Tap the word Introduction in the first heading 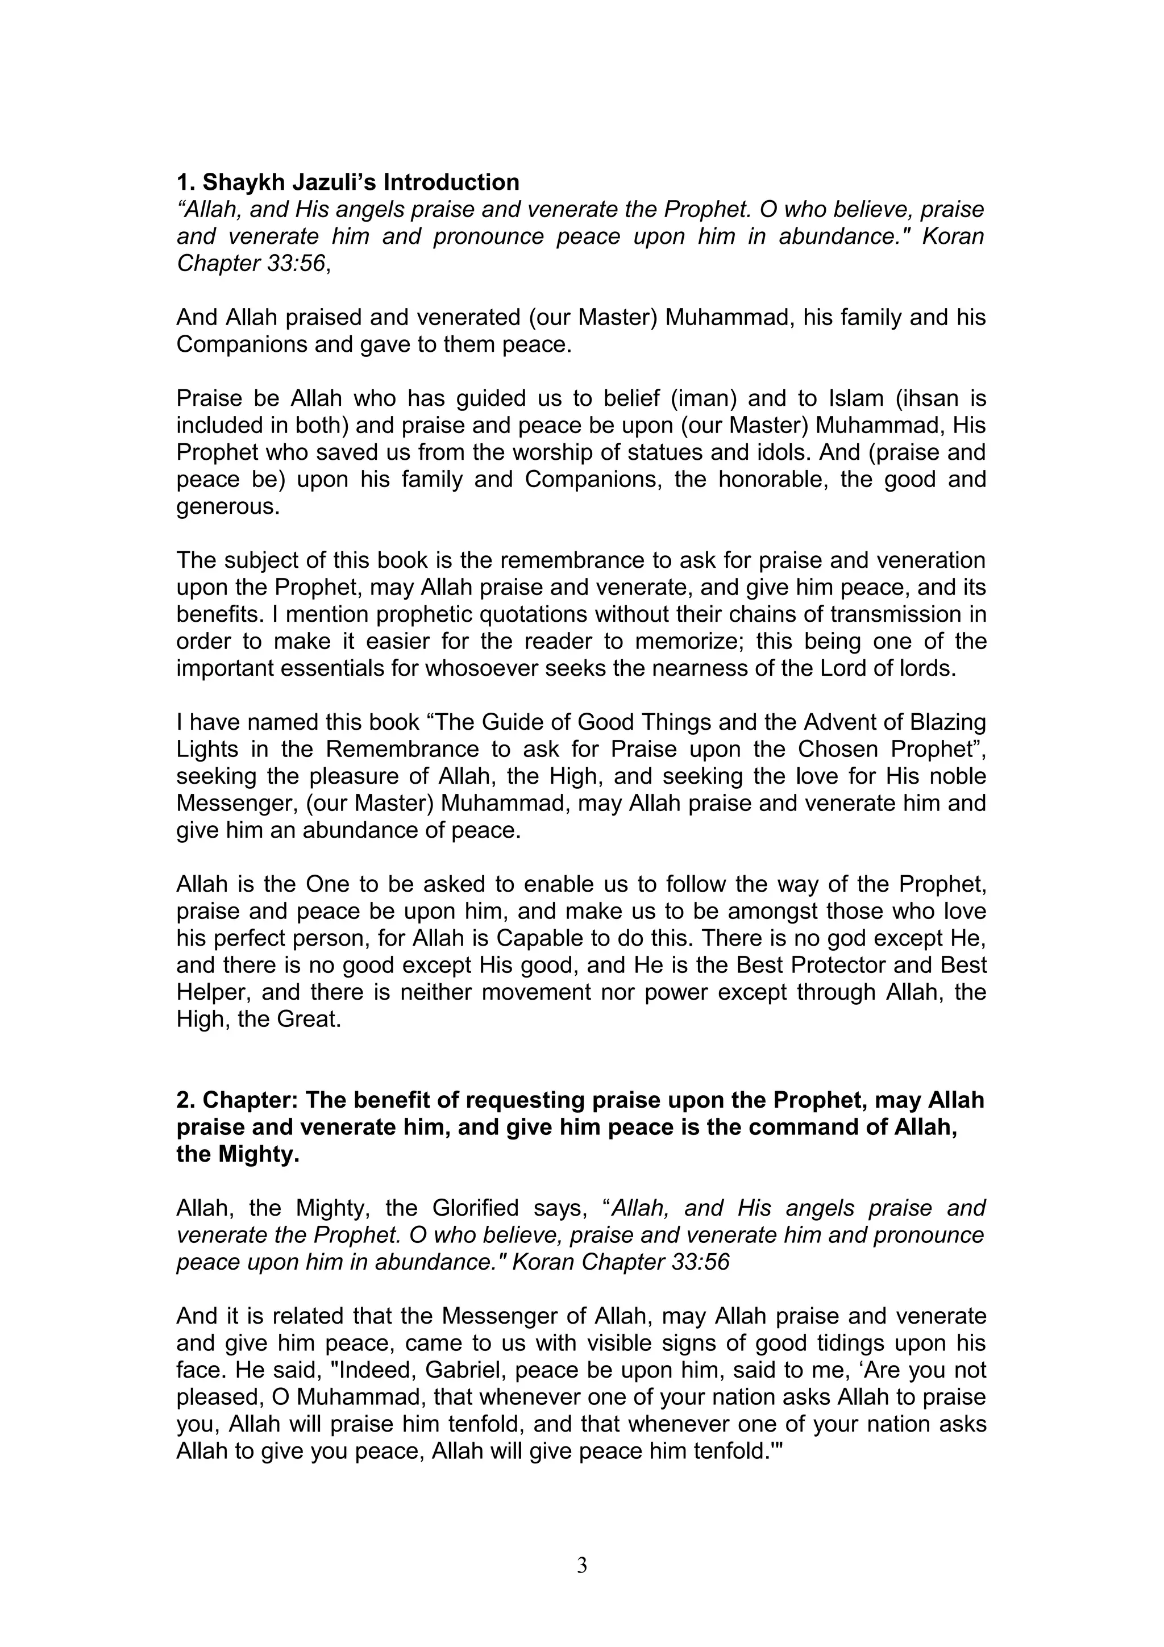click(x=451, y=182)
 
